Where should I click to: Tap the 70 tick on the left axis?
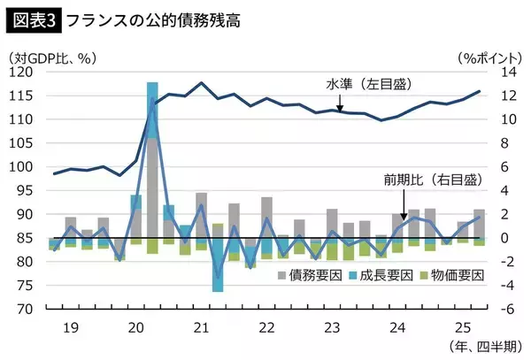point(30,309)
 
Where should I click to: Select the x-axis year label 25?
point(458,326)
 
